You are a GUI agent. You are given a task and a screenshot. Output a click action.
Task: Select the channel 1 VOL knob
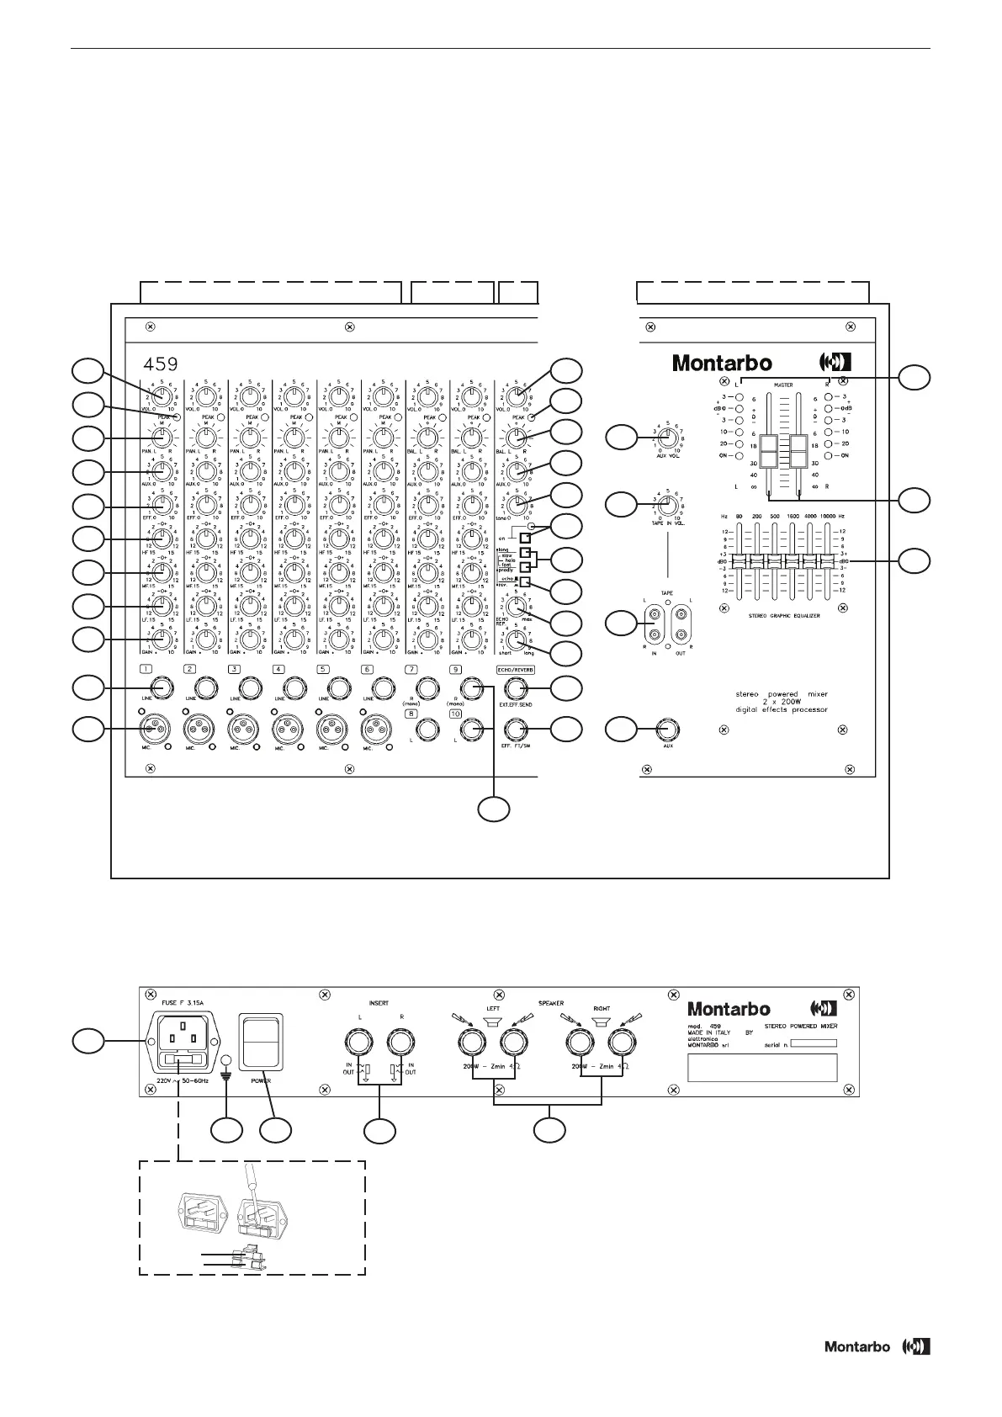pos(163,395)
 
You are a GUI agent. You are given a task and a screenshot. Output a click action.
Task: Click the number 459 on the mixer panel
pos(160,364)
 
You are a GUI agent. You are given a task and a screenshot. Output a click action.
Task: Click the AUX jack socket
pos(669,729)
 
